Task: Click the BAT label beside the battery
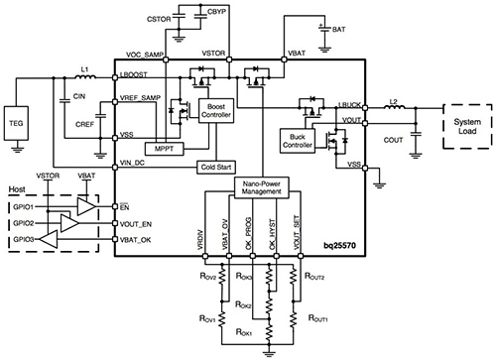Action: [x=339, y=30]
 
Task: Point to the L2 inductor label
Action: [x=394, y=102]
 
